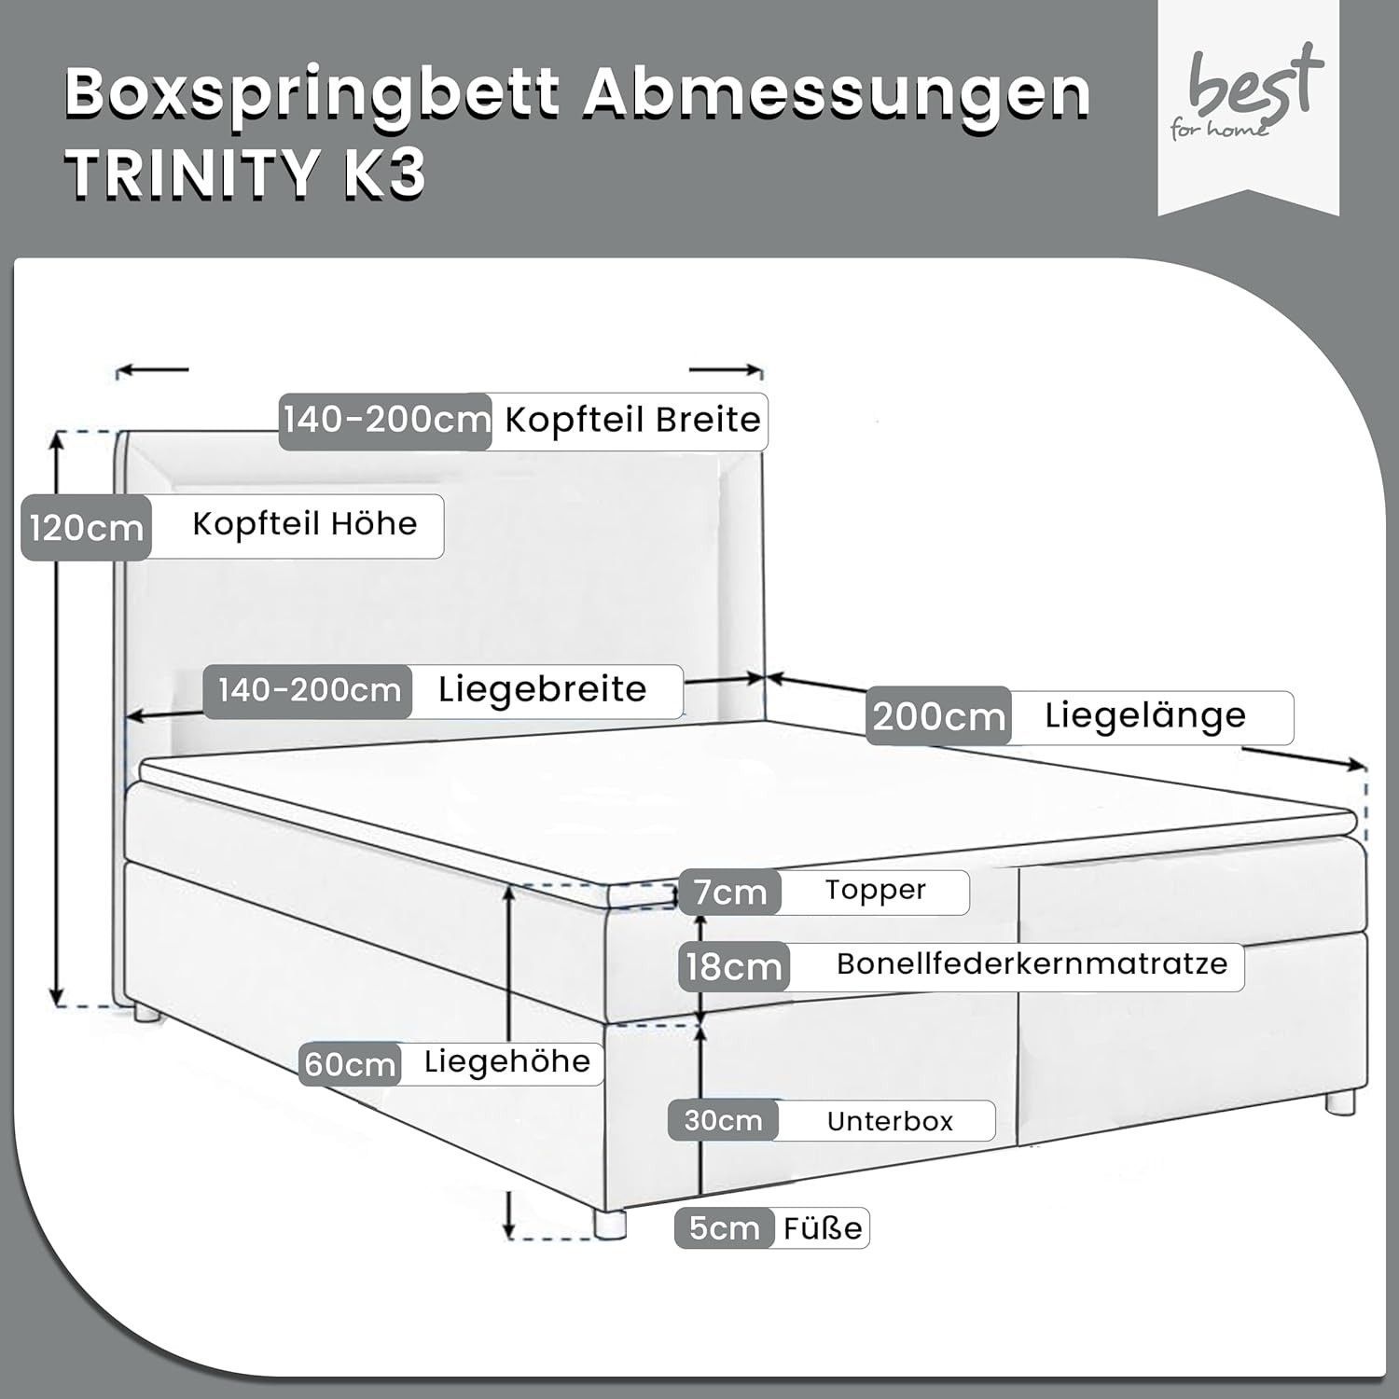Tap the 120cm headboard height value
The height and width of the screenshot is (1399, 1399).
tap(87, 529)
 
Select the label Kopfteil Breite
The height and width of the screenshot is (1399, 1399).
tap(633, 421)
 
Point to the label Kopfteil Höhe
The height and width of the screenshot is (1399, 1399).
tap(305, 524)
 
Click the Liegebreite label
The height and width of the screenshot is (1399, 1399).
tap(543, 690)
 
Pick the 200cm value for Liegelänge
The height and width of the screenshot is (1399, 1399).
tap(939, 717)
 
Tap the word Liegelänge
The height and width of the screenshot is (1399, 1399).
tap(1145, 716)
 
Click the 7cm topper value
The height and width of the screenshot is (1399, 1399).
tap(730, 893)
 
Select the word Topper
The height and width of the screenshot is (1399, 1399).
tap(875, 891)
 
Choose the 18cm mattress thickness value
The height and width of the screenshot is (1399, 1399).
tap(734, 966)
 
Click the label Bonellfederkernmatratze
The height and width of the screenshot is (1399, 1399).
tap(1032, 963)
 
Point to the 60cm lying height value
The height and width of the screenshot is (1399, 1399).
tap(351, 1064)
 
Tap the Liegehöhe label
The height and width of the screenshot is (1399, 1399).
tap(507, 1061)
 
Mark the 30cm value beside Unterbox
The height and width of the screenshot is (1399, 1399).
tap(723, 1120)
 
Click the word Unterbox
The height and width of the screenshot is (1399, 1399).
tap(890, 1120)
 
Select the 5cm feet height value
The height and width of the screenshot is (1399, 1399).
tap(725, 1228)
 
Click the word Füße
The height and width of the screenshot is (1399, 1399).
tap(823, 1227)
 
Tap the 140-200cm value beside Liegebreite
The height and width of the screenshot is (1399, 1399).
tap(310, 691)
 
